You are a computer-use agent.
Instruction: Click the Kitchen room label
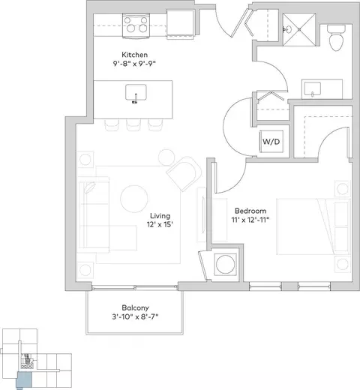[x=134, y=55]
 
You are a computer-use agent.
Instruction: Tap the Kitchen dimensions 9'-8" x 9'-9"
[x=134, y=64]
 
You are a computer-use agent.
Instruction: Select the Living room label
[x=160, y=215]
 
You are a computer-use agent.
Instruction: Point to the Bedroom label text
[x=250, y=211]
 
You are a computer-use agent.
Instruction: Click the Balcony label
[x=135, y=307]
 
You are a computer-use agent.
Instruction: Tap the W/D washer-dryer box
[x=271, y=142]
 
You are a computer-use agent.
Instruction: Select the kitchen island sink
[x=136, y=93]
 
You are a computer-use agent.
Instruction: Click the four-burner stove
[x=136, y=25]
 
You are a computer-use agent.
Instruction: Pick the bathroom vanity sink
[x=313, y=88]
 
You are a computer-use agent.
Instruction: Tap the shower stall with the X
[x=299, y=29]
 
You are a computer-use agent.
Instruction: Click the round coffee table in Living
[x=134, y=199]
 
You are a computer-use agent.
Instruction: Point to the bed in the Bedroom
[x=313, y=226]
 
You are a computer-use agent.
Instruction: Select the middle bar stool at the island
[x=134, y=125]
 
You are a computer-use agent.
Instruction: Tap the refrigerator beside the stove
[x=180, y=24]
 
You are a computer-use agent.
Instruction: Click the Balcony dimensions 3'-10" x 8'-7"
[x=135, y=316]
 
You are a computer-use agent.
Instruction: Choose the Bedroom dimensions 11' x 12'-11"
[x=250, y=220]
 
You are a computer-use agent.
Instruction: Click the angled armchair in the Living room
[x=184, y=174]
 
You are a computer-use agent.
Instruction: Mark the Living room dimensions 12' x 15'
[x=160, y=224]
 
